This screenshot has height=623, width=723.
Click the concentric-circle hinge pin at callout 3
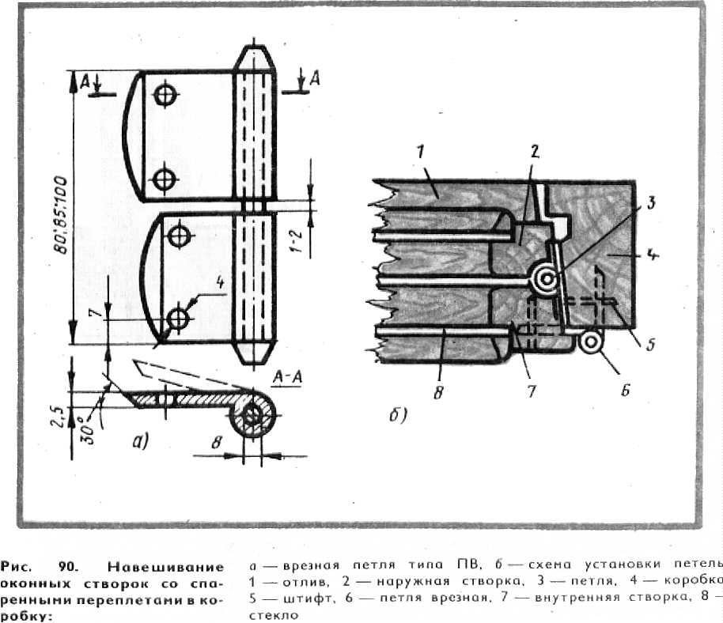point(544,278)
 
